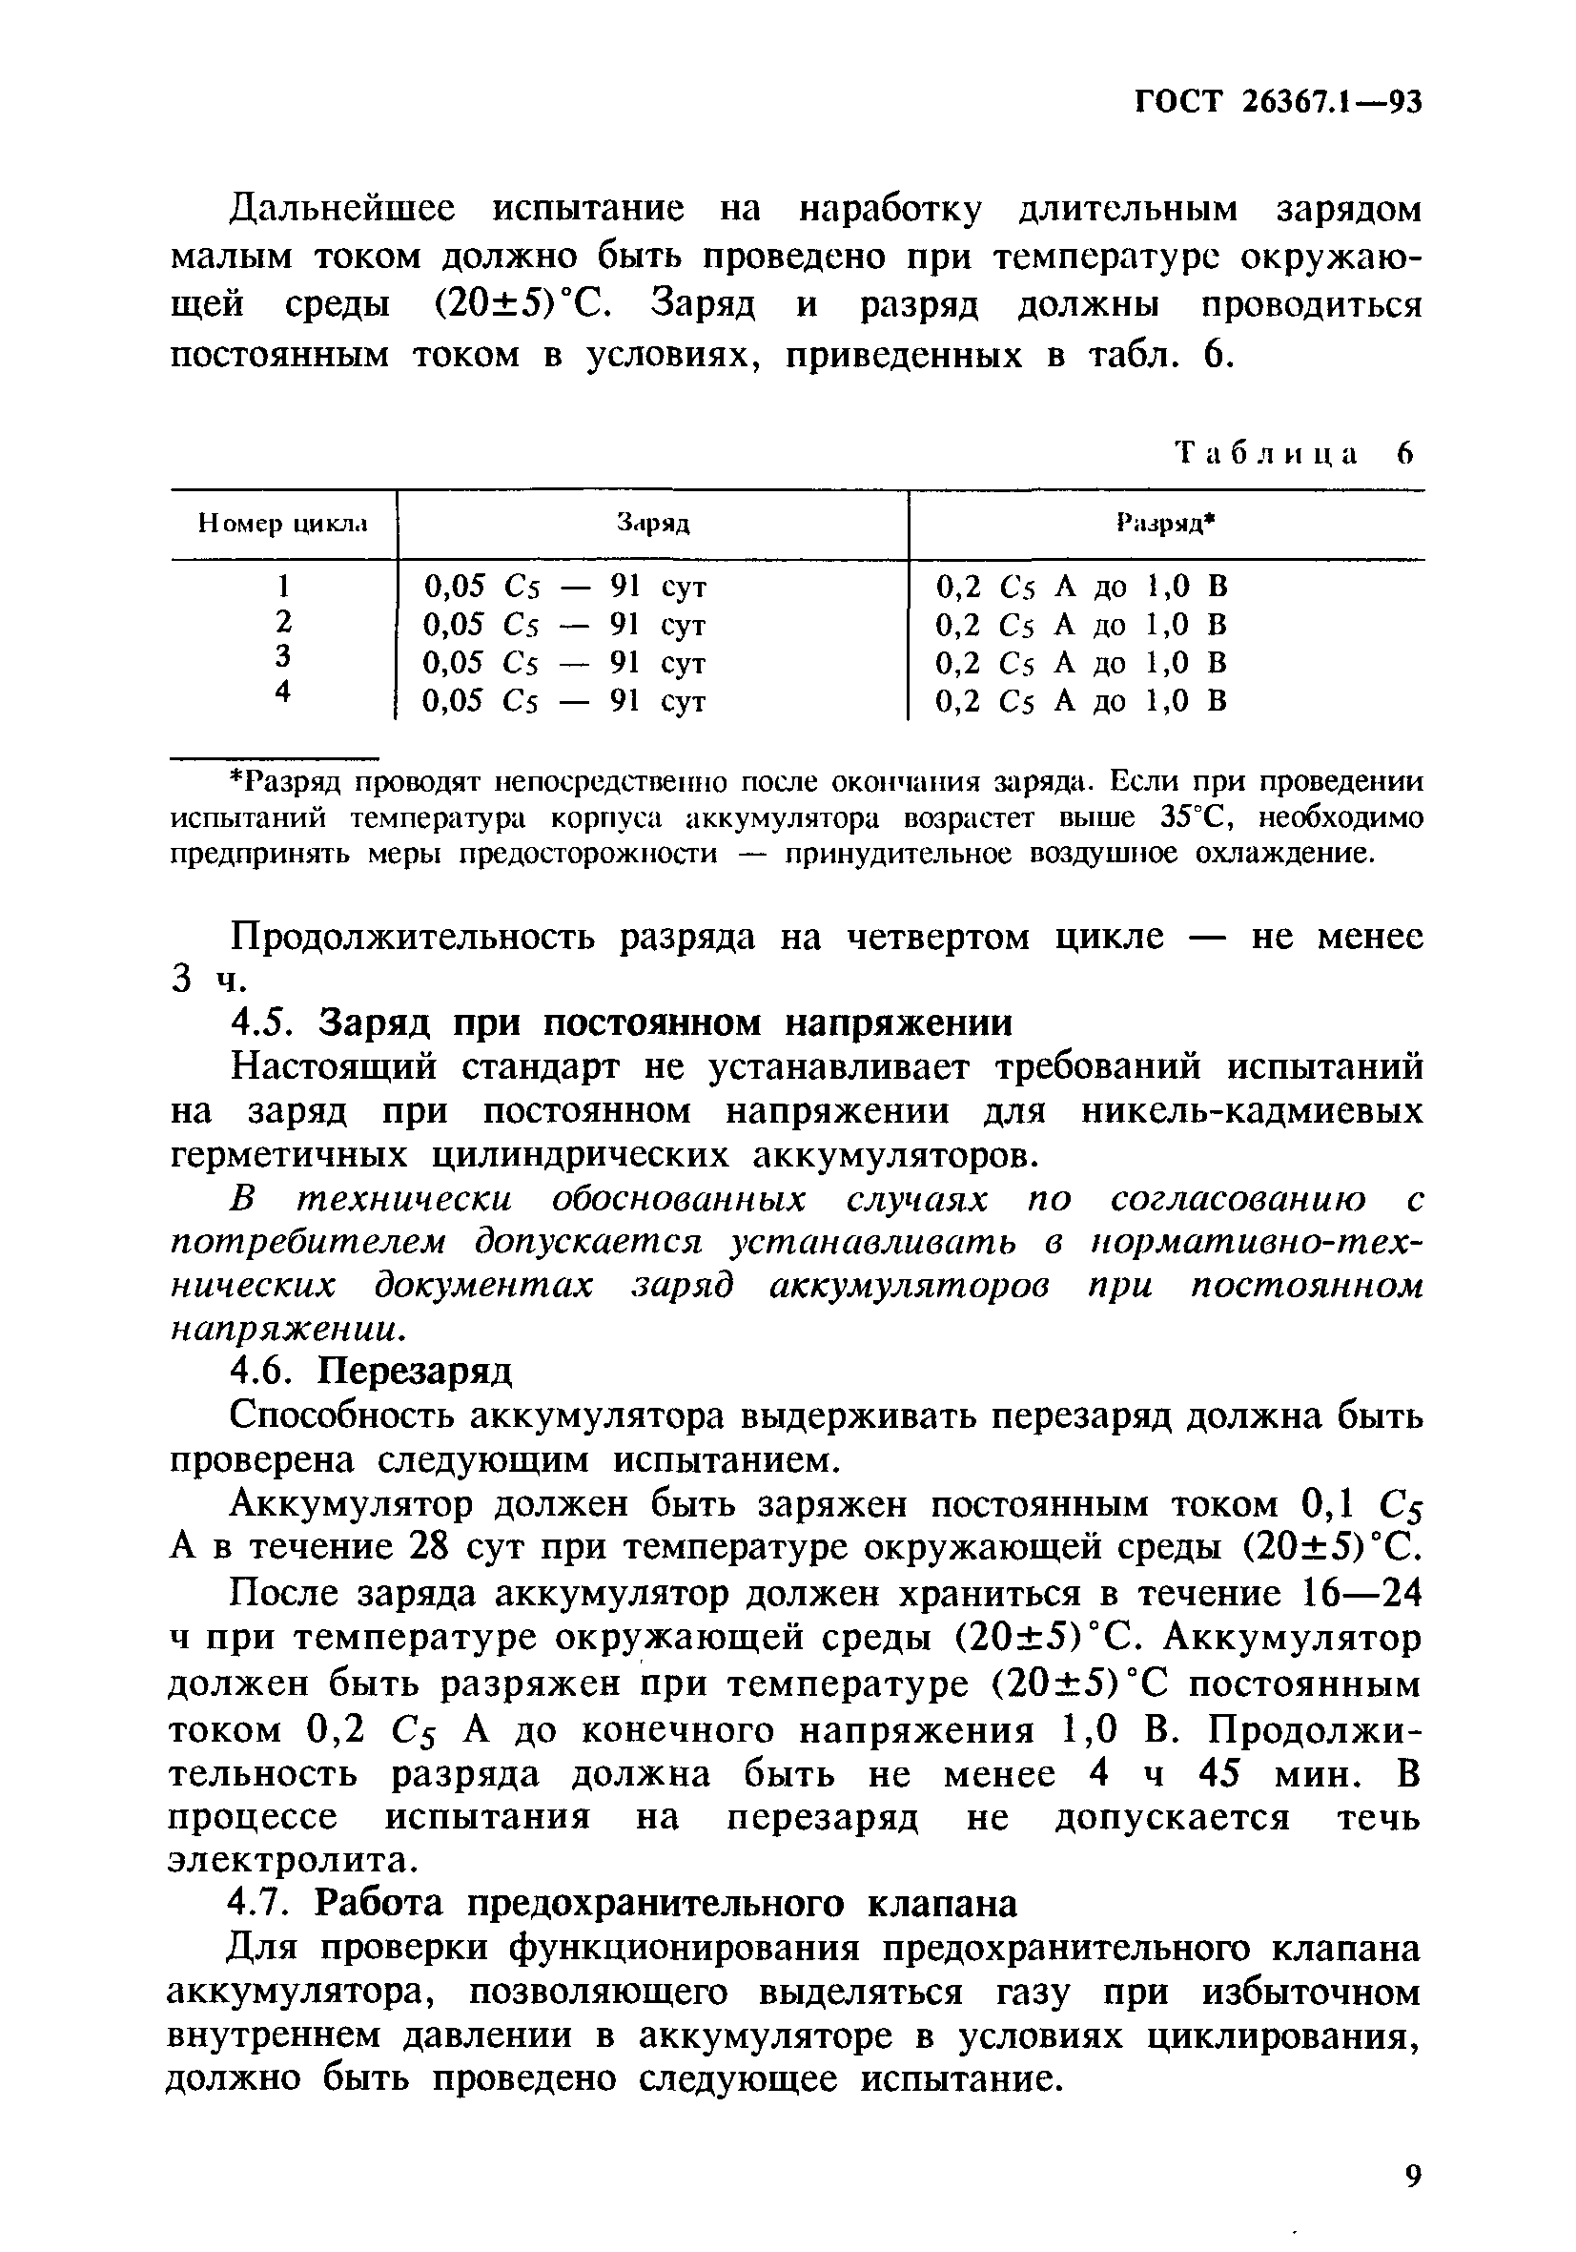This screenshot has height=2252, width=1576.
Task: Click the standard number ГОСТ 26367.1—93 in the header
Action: (1277, 102)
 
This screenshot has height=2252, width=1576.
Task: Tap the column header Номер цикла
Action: (282, 524)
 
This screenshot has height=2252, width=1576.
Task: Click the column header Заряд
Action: (652, 524)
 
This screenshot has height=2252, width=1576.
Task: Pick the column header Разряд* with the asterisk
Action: (1165, 524)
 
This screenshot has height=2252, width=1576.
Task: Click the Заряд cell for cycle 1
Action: (563, 587)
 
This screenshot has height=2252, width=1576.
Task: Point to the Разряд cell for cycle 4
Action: (1081, 700)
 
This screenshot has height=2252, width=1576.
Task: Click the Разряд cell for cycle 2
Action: (1081, 625)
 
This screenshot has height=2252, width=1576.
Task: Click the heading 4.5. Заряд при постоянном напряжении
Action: (620, 1023)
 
